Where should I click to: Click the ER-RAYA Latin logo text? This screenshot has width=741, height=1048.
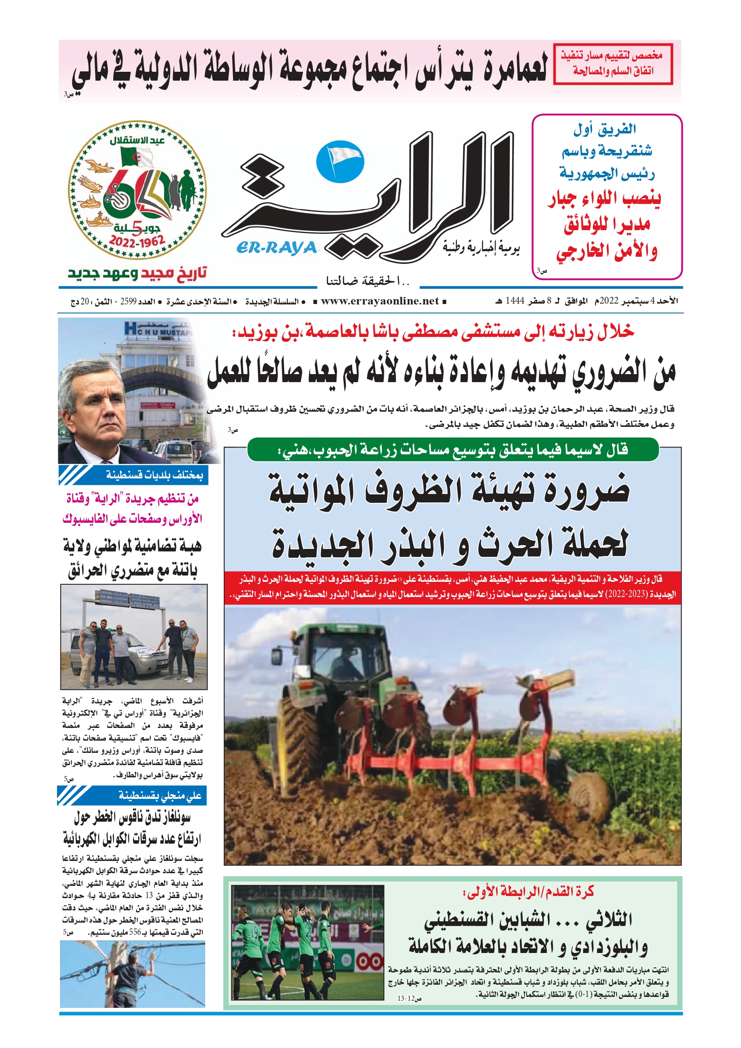point(277,247)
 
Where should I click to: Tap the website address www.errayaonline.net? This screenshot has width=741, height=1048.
point(380,301)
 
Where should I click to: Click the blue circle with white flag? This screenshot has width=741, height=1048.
point(340,160)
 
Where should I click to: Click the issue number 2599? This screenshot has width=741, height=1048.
point(128,302)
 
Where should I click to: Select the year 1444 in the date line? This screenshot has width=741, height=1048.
point(515,301)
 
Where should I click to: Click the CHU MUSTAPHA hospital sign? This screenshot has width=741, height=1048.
point(157,329)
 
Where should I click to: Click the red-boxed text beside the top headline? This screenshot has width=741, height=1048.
point(613,63)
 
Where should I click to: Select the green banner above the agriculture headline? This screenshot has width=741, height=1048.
point(452,450)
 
